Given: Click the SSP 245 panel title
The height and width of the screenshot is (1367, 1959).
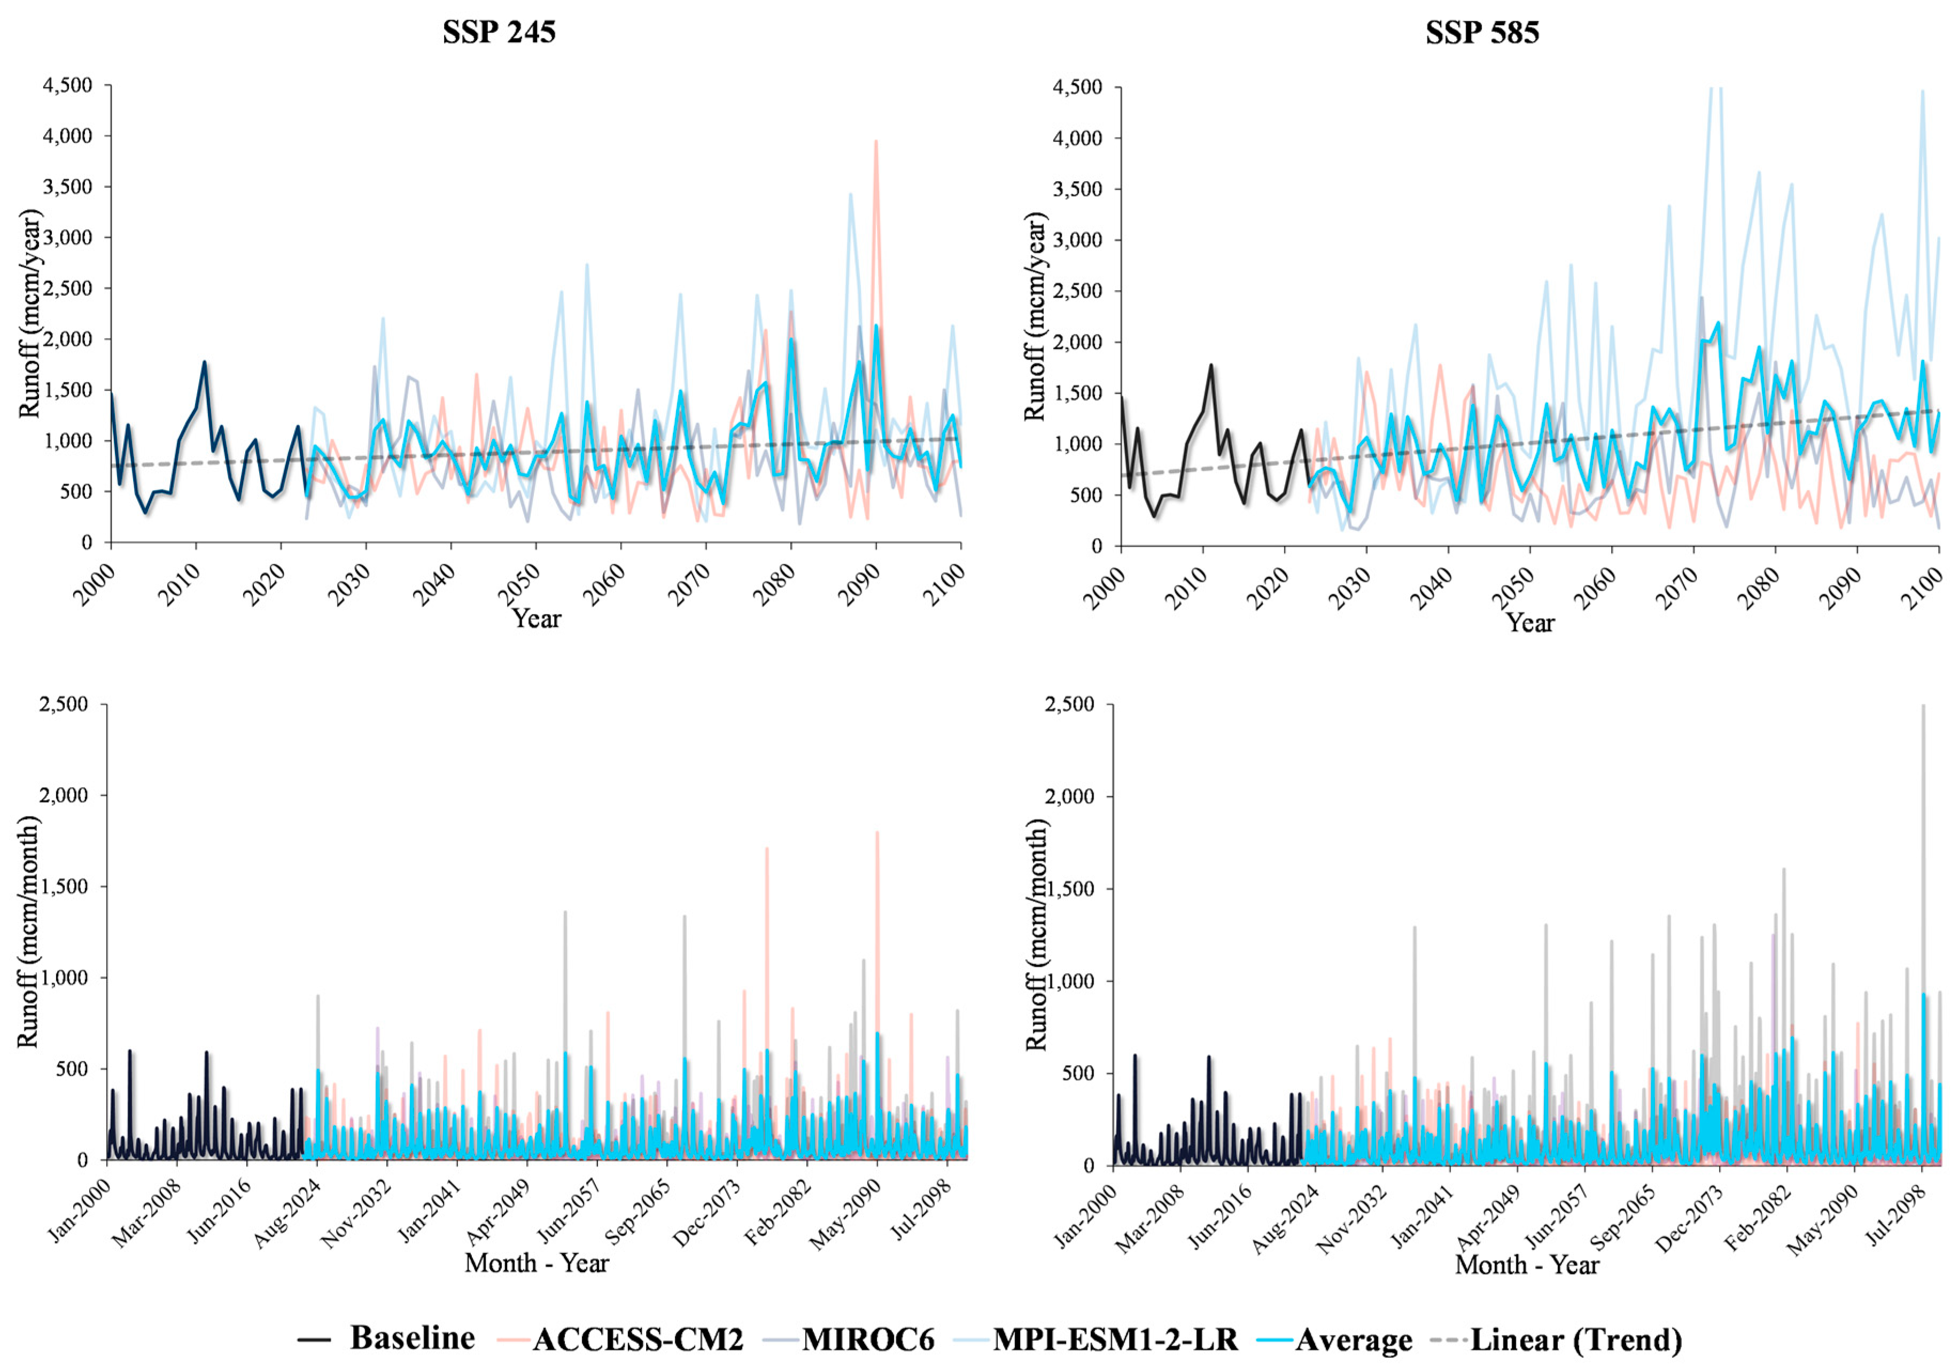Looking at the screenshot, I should click(499, 33).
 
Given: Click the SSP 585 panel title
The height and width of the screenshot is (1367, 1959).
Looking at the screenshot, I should click(1482, 33).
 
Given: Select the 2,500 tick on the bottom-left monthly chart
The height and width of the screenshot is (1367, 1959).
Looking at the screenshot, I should click(64, 704).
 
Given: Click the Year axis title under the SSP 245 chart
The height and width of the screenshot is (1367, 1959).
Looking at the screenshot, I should click(536, 618).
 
